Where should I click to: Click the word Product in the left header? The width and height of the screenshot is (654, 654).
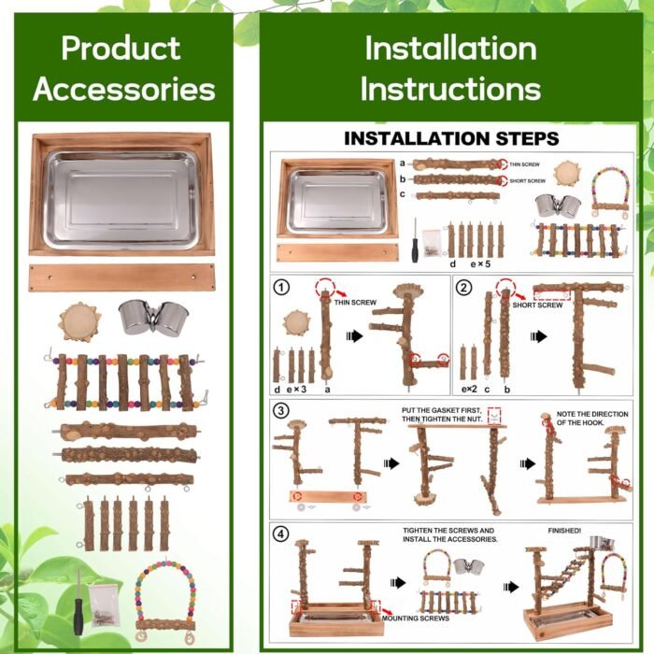pos(121,49)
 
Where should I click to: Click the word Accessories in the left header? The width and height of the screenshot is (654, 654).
pos(124,90)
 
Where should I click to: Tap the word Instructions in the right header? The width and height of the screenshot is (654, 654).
pos(450,89)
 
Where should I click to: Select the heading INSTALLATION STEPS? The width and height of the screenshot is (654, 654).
pos(451,138)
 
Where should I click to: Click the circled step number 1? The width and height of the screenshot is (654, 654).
pos(281,288)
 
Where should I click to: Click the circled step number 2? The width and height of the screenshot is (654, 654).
pos(464,288)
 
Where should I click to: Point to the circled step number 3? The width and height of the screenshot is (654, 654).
pos(281,410)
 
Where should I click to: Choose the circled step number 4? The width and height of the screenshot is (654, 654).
pos(281,533)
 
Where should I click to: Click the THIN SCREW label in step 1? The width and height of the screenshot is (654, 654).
pos(355,303)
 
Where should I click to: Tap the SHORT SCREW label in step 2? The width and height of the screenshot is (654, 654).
pos(537,306)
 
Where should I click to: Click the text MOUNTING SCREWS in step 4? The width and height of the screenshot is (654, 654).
pos(416,618)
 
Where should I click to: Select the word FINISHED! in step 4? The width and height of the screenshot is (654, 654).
pos(564,531)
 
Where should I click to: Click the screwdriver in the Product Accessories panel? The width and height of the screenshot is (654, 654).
pos(78,602)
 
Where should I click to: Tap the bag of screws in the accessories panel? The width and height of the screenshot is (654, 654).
pos(105,604)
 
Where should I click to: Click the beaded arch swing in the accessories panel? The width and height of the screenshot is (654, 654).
pos(166,601)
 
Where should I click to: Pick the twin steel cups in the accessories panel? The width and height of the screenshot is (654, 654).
pos(154,319)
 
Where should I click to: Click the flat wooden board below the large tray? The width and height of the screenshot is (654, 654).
pos(122,277)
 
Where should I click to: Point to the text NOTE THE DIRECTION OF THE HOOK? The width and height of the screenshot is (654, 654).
pos(592,419)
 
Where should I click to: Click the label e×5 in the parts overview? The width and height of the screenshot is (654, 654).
pos(480,264)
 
